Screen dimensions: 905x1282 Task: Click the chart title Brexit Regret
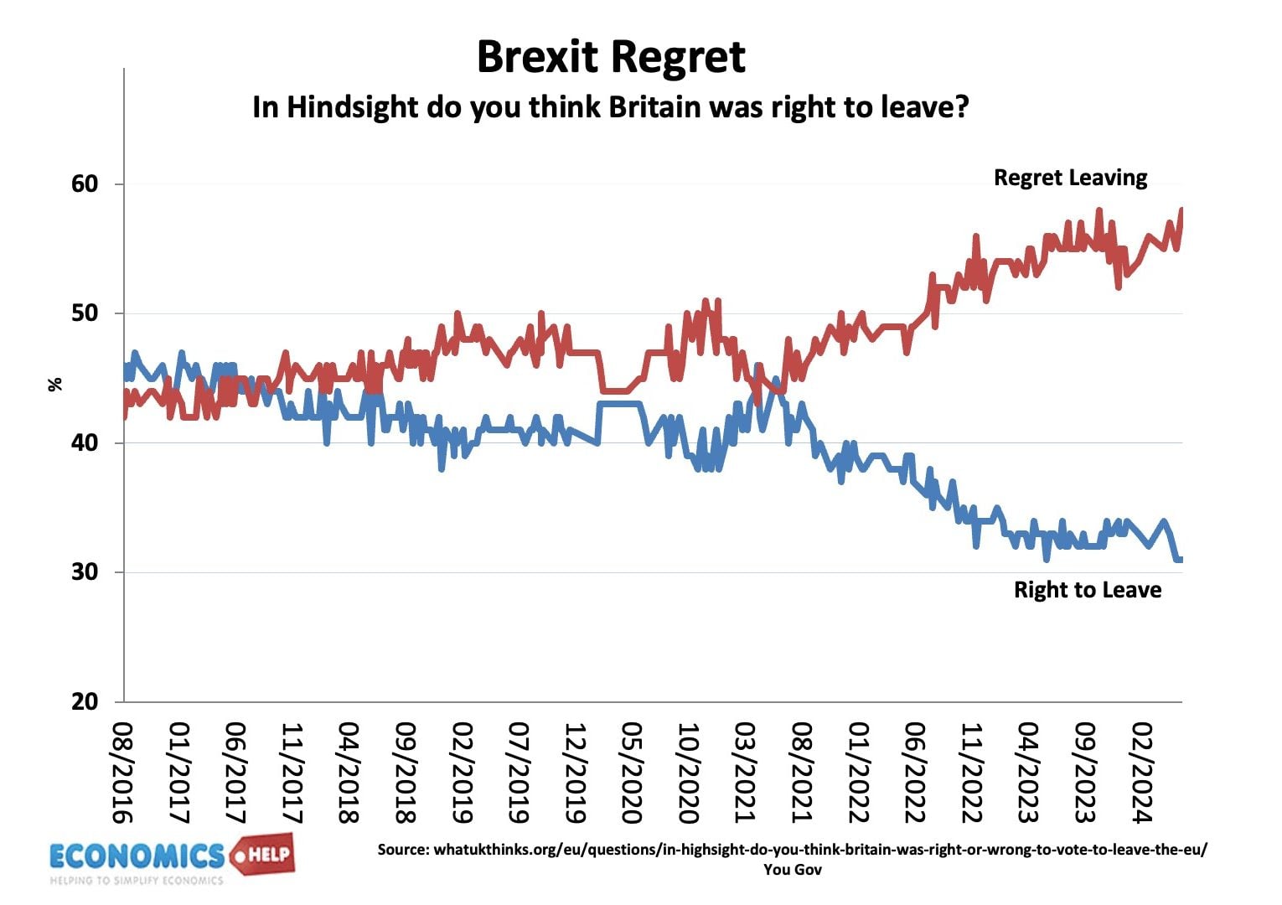tap(611, 57)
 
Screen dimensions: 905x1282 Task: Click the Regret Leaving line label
tap(1070, 178)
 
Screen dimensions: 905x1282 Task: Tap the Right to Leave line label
tap(1087, 590)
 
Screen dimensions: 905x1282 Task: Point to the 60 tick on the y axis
tap(85, 184)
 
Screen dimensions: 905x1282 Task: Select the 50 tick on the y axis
tap(85, 313)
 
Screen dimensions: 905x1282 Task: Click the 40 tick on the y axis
tap(85, 442)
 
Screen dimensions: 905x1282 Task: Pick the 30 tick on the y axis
tap(85, 572)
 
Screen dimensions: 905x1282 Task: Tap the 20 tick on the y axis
tap(85, 701)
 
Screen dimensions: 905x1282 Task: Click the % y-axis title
tap(55, 385)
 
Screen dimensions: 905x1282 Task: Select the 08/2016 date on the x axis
tap(123, 773)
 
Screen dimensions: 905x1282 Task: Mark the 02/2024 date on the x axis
tap(1141, 773)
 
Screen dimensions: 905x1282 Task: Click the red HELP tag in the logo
tap(263, 855)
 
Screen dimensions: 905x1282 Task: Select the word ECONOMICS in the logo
tap(137, 856)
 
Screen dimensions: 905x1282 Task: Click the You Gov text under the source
tap(792, 870)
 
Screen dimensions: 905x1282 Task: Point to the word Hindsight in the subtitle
tap(352, 107)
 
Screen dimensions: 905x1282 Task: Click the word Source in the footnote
tap(402, 850)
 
